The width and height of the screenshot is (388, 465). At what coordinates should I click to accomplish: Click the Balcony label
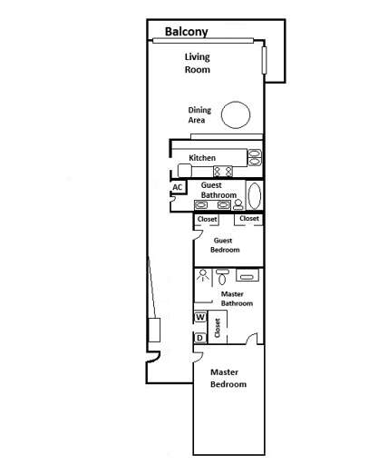186,32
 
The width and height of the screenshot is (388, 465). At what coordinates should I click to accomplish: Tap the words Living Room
197,63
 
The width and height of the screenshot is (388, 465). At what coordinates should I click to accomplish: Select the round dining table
236,114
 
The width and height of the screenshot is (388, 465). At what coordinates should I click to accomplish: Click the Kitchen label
202,158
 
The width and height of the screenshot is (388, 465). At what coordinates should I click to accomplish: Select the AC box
178,187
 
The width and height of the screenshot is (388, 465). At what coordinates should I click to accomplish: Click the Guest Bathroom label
218,191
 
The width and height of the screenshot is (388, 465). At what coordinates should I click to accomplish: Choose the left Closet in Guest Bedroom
207,219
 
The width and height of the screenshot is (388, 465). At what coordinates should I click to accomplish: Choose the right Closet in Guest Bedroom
248,219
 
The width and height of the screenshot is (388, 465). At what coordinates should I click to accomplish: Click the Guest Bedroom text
226,244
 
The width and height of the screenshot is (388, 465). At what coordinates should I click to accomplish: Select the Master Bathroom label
236,299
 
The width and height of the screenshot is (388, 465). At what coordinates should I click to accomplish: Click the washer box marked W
199,317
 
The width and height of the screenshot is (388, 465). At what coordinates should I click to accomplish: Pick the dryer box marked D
199,338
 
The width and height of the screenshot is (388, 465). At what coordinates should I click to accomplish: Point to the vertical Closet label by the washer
218,328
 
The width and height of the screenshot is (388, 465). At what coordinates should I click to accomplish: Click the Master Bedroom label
228,378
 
